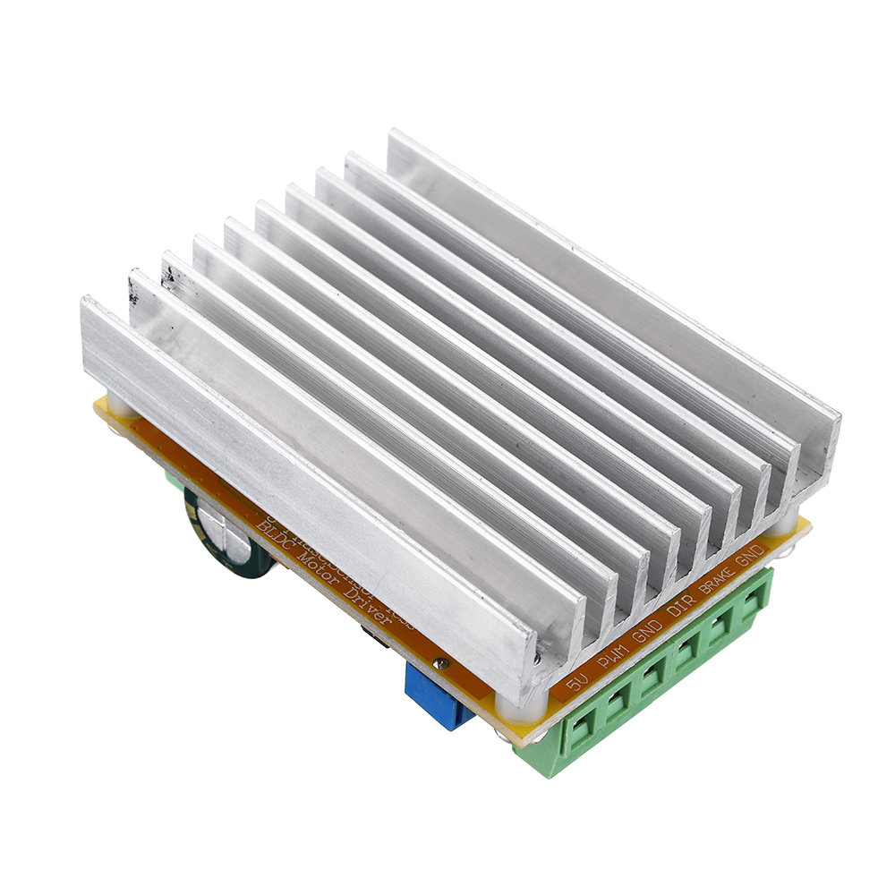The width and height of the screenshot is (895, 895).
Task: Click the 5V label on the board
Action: click(x=577, y=684)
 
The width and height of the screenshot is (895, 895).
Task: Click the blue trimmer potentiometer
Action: click(x=439, y=694)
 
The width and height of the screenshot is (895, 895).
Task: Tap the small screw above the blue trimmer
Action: click(x=441, y=663)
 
